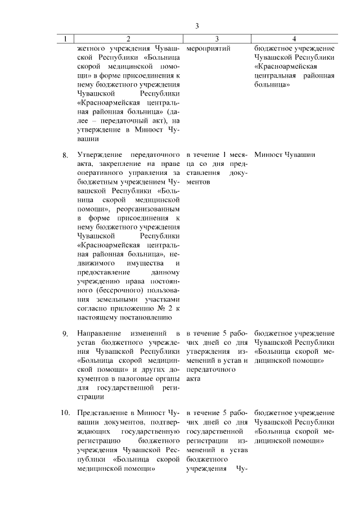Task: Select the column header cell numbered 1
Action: click(65, 39)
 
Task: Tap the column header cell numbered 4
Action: click(294, 39)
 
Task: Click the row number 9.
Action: click(65, 334)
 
